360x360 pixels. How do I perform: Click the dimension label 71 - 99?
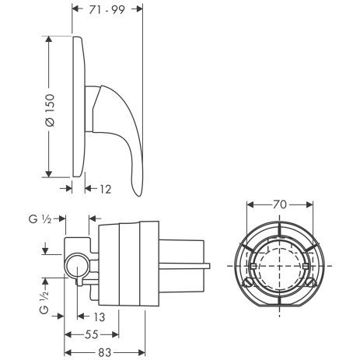pyautogui.click(x=107, y=10)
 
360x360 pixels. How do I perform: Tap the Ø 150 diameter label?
pyautogui.click(x=50, y=110)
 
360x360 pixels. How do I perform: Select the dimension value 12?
pyautogui.click(x=106, y=189)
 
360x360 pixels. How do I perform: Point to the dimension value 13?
pyautogui.click(x=99, y=316)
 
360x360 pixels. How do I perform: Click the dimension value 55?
pyautogui.click(x=92, y=334)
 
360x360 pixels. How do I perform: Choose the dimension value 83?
pyautogui.click(x=105, y=352)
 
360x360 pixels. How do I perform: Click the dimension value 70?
pyautogui.click(x=280, y=204)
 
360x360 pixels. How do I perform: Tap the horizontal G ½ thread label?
pyautogui.click(x=40, y=219)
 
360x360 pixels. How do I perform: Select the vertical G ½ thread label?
pyautogui.click(x=44, y=302)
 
